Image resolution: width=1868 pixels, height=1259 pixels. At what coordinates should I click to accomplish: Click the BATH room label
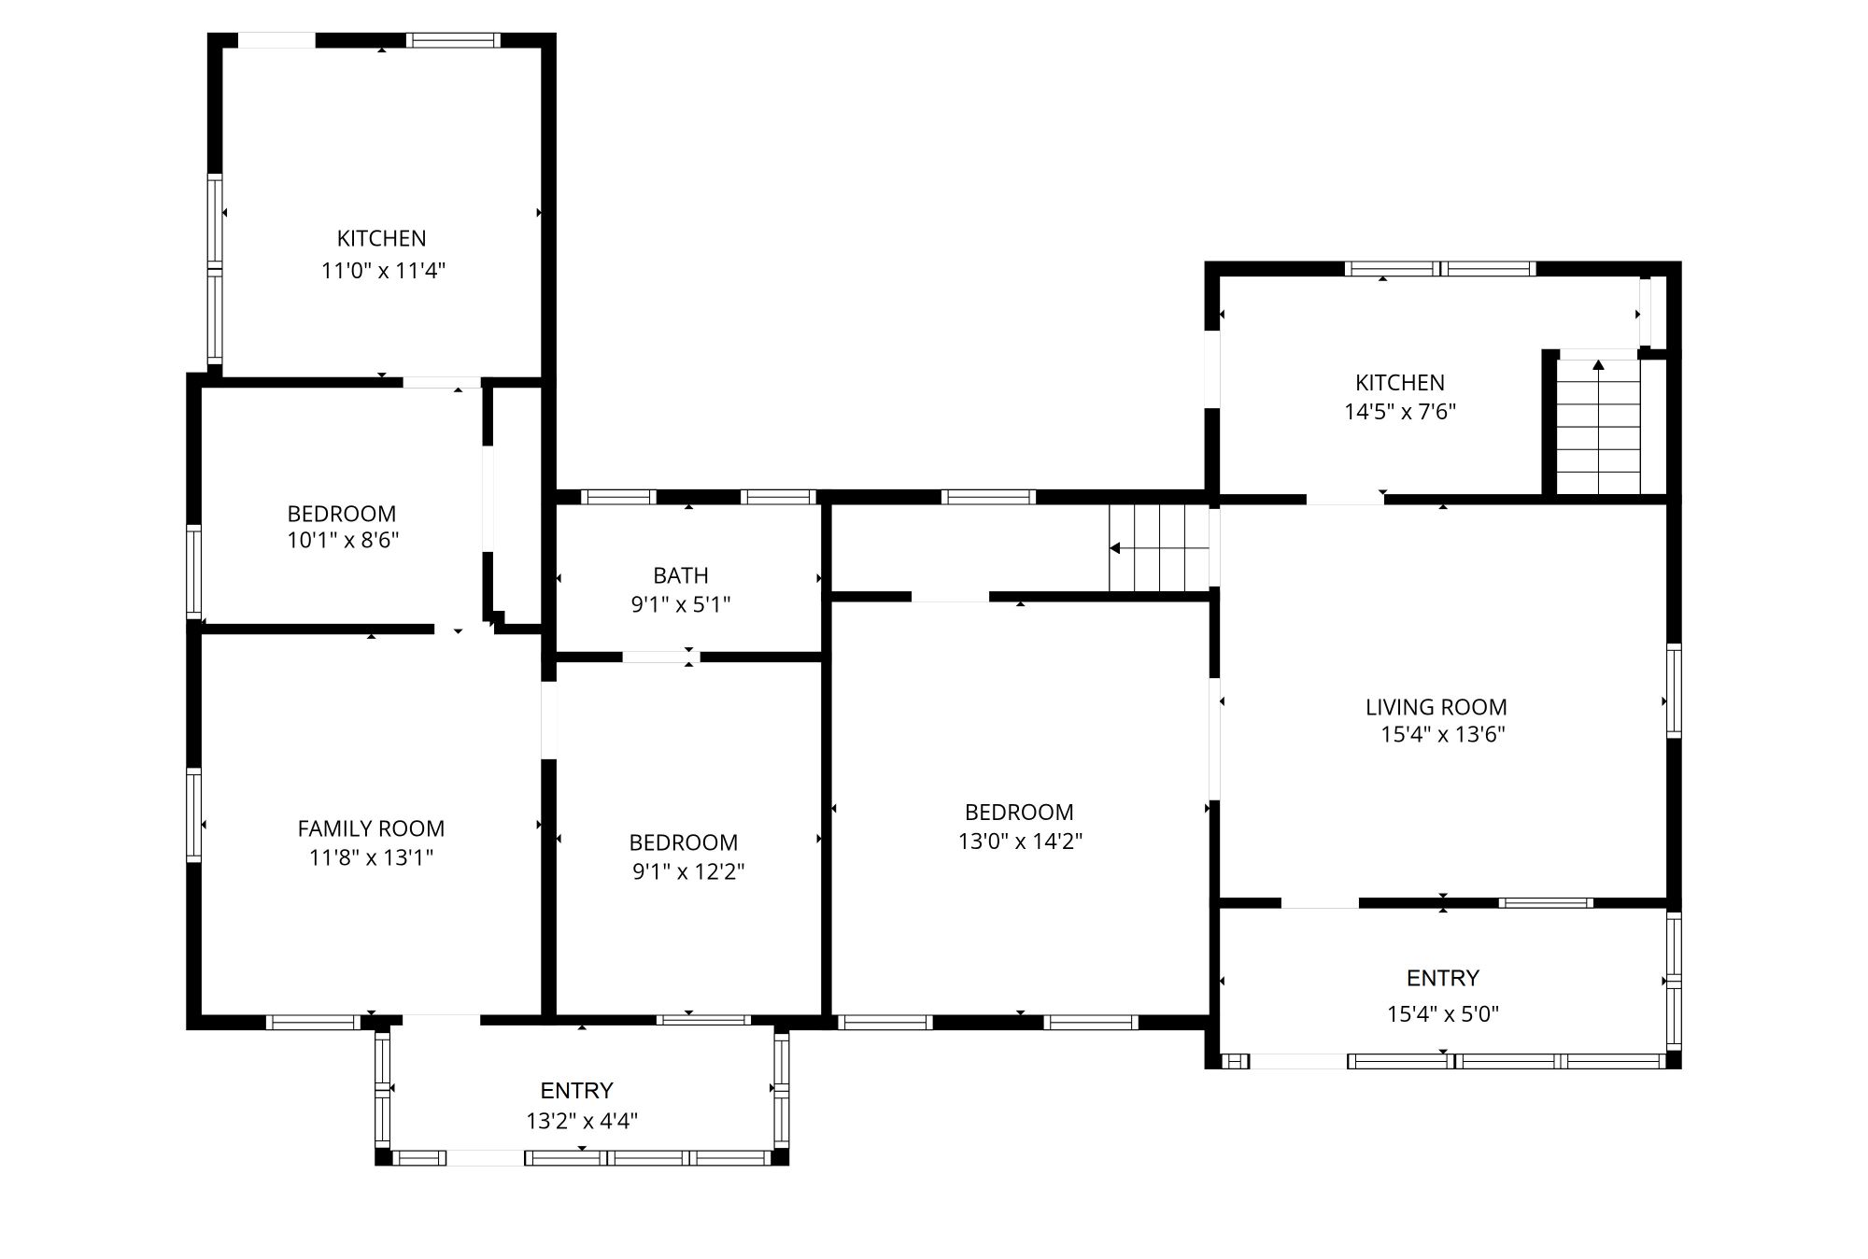681,575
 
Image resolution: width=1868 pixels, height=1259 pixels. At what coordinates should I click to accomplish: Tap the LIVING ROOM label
1436,708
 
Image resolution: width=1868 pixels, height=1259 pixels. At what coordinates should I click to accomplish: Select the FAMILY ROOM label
371,828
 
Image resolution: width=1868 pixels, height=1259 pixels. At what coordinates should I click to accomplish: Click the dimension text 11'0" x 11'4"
383,271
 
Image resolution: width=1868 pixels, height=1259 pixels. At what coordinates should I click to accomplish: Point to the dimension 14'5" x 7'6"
1400,412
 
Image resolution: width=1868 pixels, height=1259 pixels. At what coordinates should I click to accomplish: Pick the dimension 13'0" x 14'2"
1020,842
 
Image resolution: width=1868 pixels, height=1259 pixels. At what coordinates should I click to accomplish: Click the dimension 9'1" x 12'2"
688,871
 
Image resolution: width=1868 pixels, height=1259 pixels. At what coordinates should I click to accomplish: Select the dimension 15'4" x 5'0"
1443,1014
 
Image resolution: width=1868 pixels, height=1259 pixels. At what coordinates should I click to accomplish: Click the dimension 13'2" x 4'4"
582,1121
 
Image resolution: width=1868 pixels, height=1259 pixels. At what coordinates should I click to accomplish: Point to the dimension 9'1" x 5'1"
681,604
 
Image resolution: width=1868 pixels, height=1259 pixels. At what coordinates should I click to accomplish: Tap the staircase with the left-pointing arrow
1159,548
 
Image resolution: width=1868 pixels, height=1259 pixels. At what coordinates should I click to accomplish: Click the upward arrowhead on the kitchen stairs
1598,364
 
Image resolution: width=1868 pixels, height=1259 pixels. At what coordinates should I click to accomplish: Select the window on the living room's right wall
1674,691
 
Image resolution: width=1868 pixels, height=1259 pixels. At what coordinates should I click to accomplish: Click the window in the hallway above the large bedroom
989,497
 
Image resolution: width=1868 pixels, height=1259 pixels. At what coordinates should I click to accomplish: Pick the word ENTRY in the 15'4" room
1443,978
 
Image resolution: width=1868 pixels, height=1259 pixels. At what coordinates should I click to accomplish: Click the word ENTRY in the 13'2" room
577,1091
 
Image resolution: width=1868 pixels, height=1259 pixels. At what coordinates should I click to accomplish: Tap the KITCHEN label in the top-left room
382,238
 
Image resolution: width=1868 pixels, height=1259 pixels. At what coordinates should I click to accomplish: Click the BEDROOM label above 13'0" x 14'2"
1019,813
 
